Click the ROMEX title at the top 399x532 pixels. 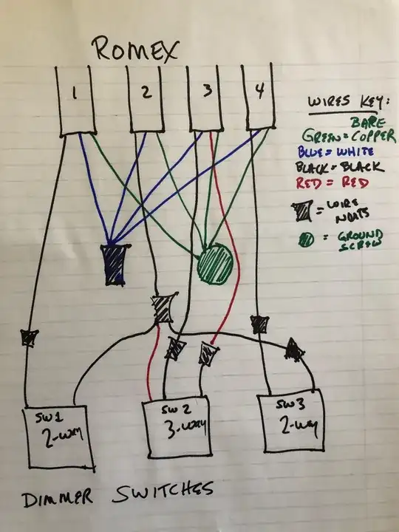tap(135, 50)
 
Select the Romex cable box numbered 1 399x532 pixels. tap(76, 100)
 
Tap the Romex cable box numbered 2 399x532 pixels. tap(145, 98)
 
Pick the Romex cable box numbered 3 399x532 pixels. tap(205, 97)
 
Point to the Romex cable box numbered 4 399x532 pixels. tap(258, 96)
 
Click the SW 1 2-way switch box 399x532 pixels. tap(58, 437)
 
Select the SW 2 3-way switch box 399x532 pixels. tap(176, 428)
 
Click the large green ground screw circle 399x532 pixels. tap(216, 263)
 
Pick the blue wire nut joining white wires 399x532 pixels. tap(115, 265)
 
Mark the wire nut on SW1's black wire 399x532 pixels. tap(29, 338)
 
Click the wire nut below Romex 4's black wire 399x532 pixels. tap(259, 324)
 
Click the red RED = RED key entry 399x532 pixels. tap(332, 183)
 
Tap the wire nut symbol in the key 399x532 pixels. tap(301, 211)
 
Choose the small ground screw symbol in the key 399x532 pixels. tap(306, 241)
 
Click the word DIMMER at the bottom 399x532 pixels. tap(57, 497)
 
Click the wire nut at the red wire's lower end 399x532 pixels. tap(208, 353)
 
